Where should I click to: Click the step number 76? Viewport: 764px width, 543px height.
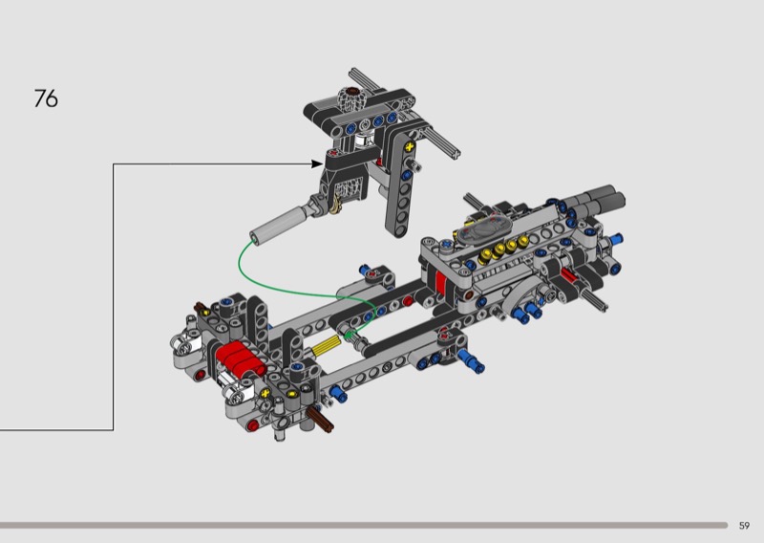(x=46, y=98)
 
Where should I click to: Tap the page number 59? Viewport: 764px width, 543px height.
(x=744, y=526)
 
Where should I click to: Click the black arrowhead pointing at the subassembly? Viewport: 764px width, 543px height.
(x=317, y=163)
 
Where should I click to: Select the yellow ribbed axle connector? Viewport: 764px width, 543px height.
(x=327, y=346)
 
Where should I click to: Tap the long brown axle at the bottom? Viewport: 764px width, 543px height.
(x=320, y=419)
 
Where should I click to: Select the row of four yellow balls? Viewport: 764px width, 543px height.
(x=505, y=249)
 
